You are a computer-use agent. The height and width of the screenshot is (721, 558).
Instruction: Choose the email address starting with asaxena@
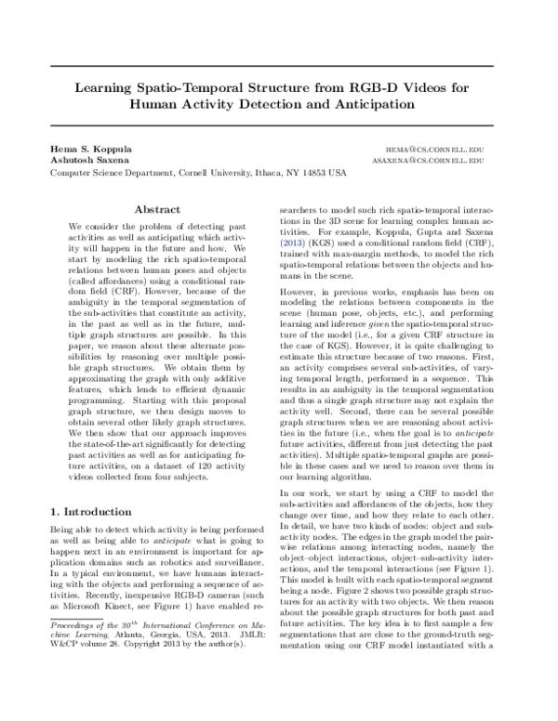pos(435,161)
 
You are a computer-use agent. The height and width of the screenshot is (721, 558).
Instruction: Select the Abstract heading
pos(157,210)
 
